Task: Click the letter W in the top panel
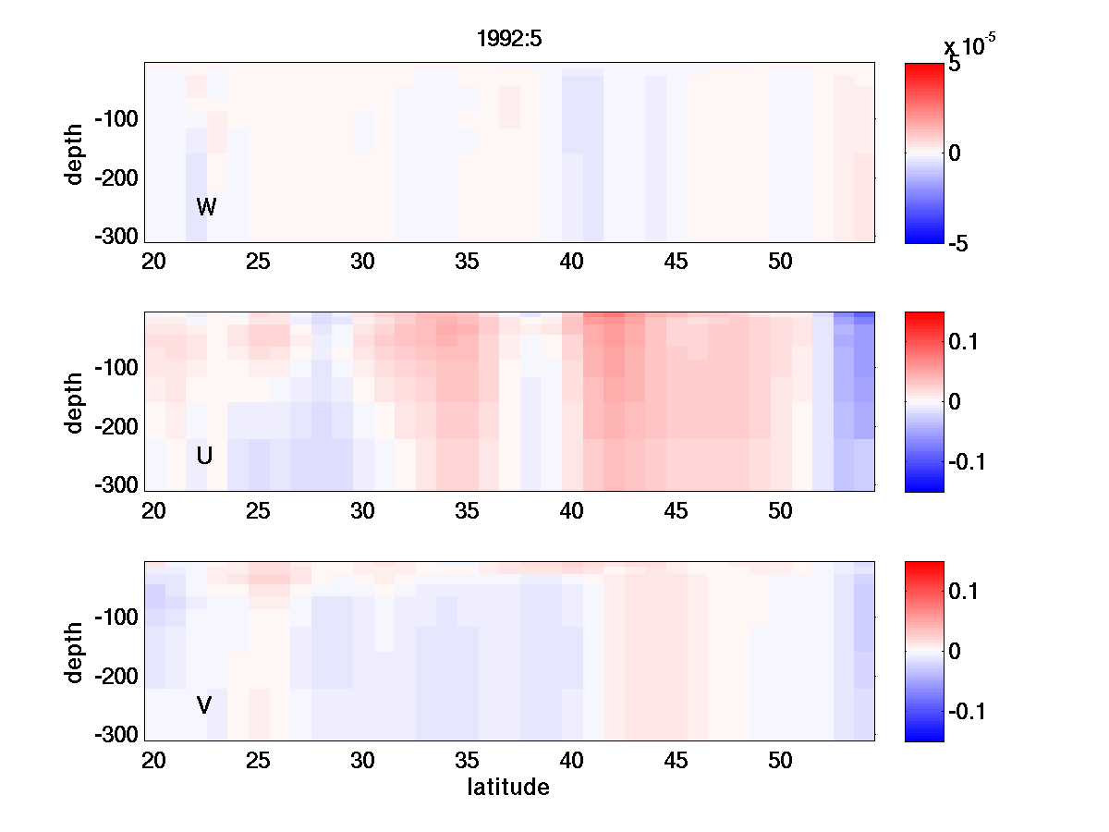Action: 206,207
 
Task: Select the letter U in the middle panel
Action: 205,456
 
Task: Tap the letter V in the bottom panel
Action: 204,705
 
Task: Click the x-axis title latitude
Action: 508,788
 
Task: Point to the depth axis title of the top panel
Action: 75,153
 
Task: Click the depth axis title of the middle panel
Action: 75,402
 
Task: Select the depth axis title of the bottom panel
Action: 75,652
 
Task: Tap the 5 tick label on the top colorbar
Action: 954,66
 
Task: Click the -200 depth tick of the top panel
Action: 116,178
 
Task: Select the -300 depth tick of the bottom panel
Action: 116,735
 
